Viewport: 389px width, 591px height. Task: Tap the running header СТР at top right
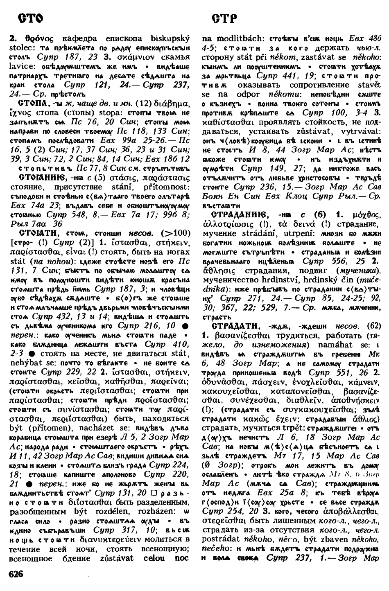click(x=224, y=19)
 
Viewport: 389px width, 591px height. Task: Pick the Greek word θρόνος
click(x=32, y=39)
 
